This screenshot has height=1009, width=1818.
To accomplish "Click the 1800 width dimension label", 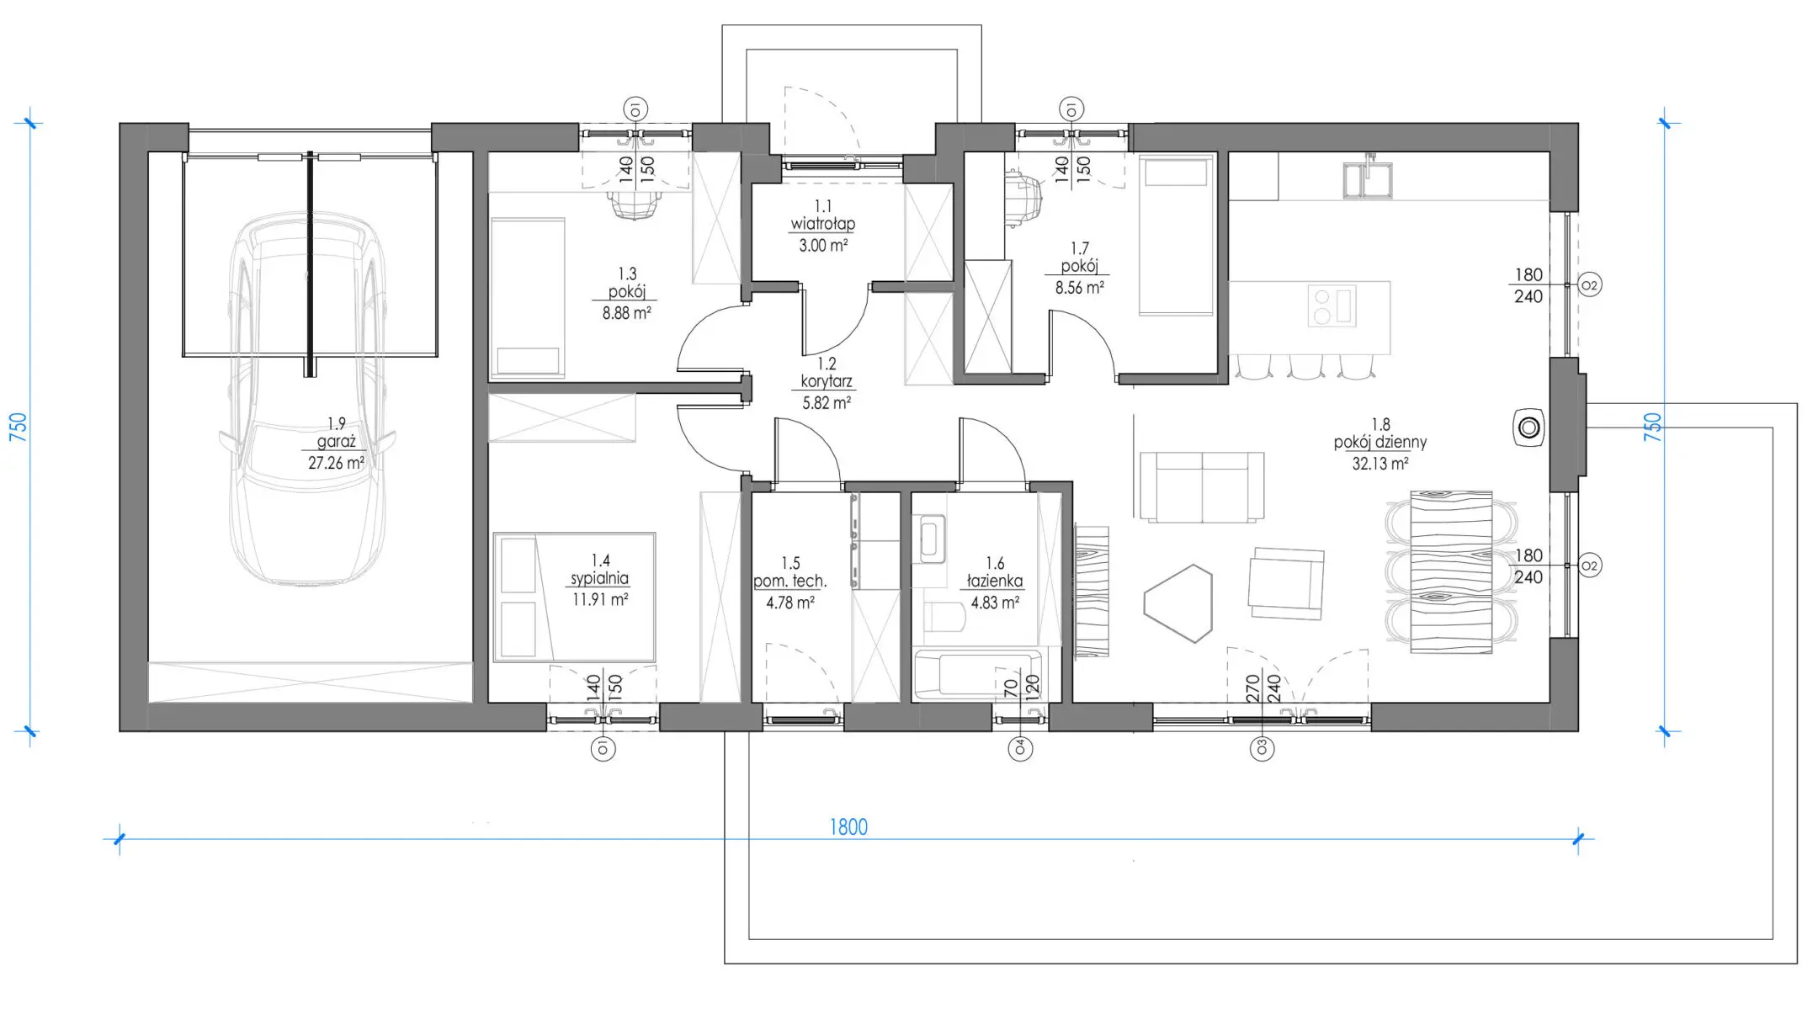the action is (848, 826).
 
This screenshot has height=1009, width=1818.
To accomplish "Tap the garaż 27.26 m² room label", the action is (336, 443).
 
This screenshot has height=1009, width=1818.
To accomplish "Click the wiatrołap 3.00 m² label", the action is (823, 226).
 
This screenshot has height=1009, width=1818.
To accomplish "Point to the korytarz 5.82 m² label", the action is (827, 383).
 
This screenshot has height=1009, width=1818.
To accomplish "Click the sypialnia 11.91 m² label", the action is (600, 580).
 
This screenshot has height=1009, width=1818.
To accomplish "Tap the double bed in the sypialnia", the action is (574, 597).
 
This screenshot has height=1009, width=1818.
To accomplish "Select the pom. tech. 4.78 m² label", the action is (789, 582).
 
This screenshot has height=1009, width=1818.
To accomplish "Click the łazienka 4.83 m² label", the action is (995, 582).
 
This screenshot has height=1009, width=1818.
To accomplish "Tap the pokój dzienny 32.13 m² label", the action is (1380, 443).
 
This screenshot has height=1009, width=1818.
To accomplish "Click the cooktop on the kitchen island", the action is (1331, 306).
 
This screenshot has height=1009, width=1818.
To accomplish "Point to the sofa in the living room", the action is (1202, 486).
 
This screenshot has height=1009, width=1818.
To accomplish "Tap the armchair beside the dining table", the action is (1285, 583).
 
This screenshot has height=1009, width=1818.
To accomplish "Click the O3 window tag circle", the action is (1262, 748).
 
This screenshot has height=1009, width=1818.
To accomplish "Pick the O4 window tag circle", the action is (1020, 748).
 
